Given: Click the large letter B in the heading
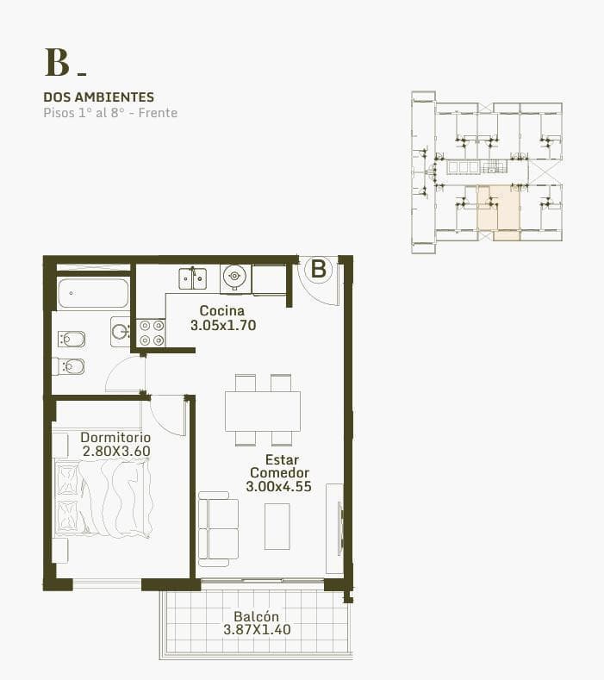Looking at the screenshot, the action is [57, 62].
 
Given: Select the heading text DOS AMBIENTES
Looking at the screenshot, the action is [99, 97].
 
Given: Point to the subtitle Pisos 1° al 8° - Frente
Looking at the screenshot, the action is [110, 113].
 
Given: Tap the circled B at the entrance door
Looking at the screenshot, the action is [319, 269].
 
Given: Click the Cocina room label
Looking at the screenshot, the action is [222, 310].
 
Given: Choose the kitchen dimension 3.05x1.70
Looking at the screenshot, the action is [223, 325].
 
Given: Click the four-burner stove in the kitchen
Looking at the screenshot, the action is [151, 333].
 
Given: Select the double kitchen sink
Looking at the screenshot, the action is [192, 278].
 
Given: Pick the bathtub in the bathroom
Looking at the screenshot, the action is [93, 294].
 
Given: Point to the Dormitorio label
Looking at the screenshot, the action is [115, 437].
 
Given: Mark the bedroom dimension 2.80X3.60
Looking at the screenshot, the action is [116, 451].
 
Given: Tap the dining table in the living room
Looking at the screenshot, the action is [263, 411].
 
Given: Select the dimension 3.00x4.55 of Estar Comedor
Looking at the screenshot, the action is [279, 487].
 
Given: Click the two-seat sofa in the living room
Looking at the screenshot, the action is [218, 529].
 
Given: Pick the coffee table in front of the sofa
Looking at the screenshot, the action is [277, 527].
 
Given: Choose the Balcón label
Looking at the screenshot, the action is [256, 616].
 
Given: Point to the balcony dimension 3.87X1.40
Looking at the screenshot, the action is [257, 630].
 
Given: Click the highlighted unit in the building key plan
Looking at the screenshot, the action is [499, 213].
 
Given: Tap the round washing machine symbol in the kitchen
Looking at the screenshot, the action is [234, 276].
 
